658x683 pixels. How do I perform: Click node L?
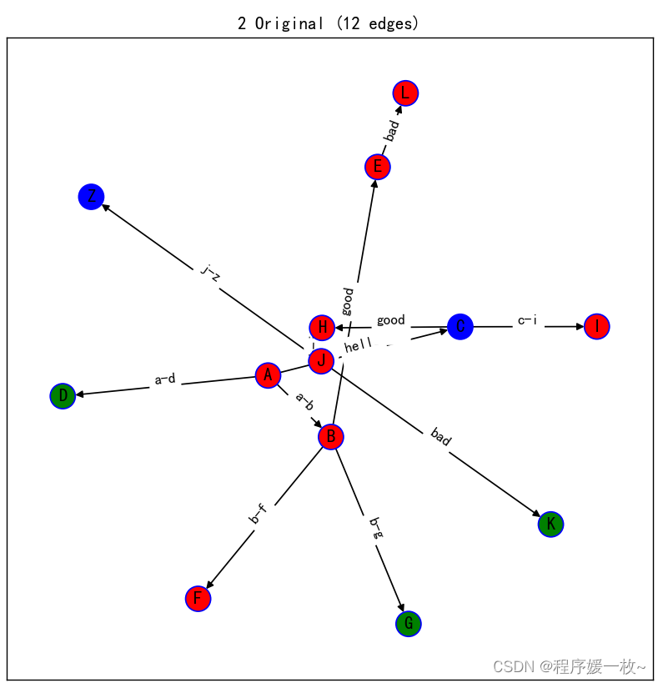point(404,93)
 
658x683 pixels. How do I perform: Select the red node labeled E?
point(378,167)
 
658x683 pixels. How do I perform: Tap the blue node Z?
point(91,198)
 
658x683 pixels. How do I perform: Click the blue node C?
point(460,326)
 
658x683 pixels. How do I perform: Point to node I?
point(597,326)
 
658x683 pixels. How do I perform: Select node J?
point(321,361)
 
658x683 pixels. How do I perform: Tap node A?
point(268,375)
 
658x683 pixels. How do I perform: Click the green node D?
point(63,396)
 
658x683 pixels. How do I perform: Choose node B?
point(331,436)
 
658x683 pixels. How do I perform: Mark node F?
point(198,598)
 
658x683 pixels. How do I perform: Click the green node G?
point(408,623)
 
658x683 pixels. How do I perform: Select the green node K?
point(550,524)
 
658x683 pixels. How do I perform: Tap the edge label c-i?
point(527,320)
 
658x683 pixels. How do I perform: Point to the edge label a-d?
point(165,379)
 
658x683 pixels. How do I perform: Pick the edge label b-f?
point(259,514)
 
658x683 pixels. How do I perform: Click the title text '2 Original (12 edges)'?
point(329,23)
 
